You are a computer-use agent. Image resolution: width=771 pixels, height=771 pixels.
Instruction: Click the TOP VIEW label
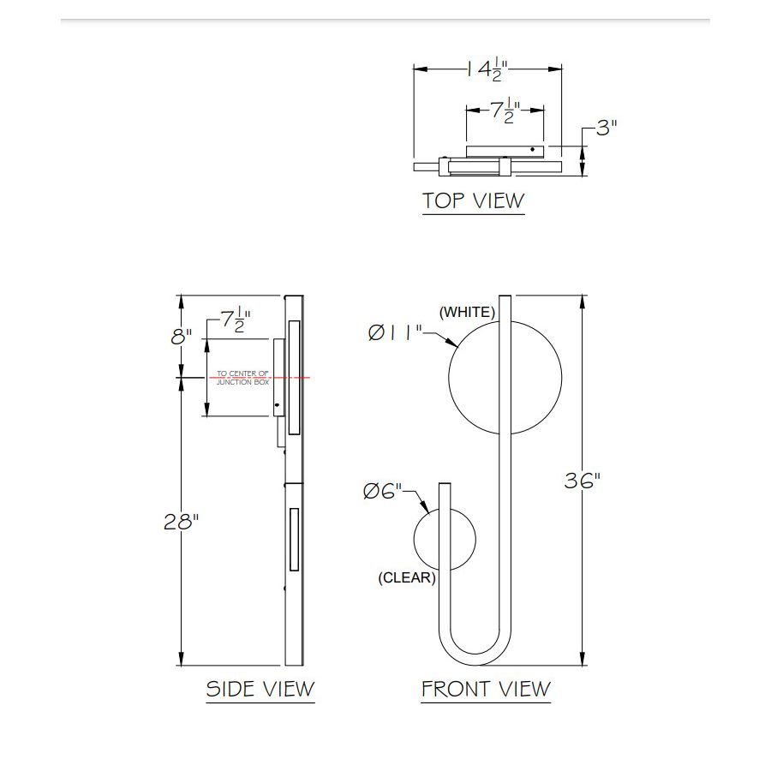coord(473,200)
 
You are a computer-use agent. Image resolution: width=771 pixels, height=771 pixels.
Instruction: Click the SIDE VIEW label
coord(260,689)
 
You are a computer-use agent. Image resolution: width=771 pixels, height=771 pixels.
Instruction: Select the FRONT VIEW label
coord(486,689)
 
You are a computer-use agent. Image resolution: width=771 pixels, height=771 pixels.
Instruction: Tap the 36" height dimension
coord(582,481)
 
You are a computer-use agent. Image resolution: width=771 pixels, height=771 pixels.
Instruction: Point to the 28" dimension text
coord(181,522)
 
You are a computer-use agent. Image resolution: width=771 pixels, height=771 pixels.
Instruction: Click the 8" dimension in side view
coord(181,337)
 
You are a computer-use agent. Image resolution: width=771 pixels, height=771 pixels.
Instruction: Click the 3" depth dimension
coord(607,128)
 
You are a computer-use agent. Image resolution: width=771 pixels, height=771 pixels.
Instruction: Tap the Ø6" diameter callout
coord(382,492)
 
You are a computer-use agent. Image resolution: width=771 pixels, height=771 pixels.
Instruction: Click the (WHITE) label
coord(467,313)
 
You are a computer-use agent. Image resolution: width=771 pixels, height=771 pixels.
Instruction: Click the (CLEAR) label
coord(407,578)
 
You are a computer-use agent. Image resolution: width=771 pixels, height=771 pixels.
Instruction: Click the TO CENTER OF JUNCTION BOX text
coord(242,377)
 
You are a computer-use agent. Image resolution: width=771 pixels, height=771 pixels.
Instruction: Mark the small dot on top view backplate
coord(532,150)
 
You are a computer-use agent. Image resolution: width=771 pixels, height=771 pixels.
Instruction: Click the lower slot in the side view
coord(294,540)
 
